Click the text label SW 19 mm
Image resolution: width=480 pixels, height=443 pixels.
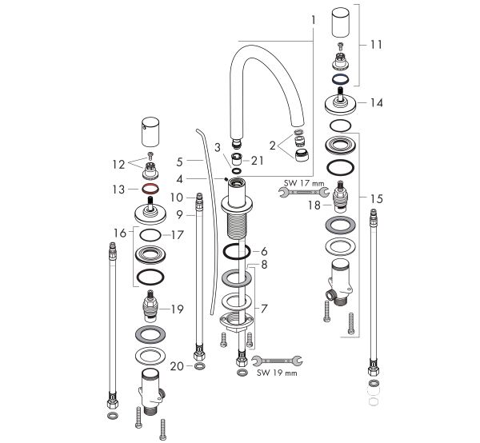(x=274, y=373)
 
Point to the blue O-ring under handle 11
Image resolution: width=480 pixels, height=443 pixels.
(x=339, y=80)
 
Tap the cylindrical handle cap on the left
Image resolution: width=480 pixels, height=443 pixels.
(x=150, y=128)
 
